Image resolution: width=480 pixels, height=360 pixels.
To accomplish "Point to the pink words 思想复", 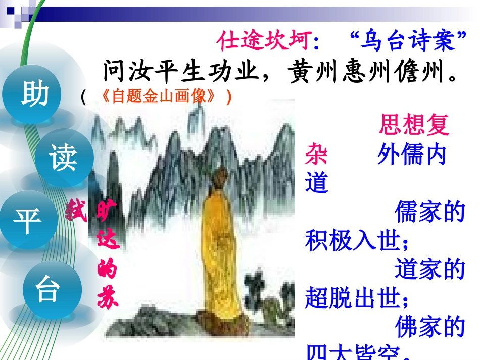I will [x=414, y=125].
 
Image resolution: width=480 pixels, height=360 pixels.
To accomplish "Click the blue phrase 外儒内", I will [x=412, y=154].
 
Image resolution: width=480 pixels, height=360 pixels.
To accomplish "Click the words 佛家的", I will [x=429, y=327].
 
